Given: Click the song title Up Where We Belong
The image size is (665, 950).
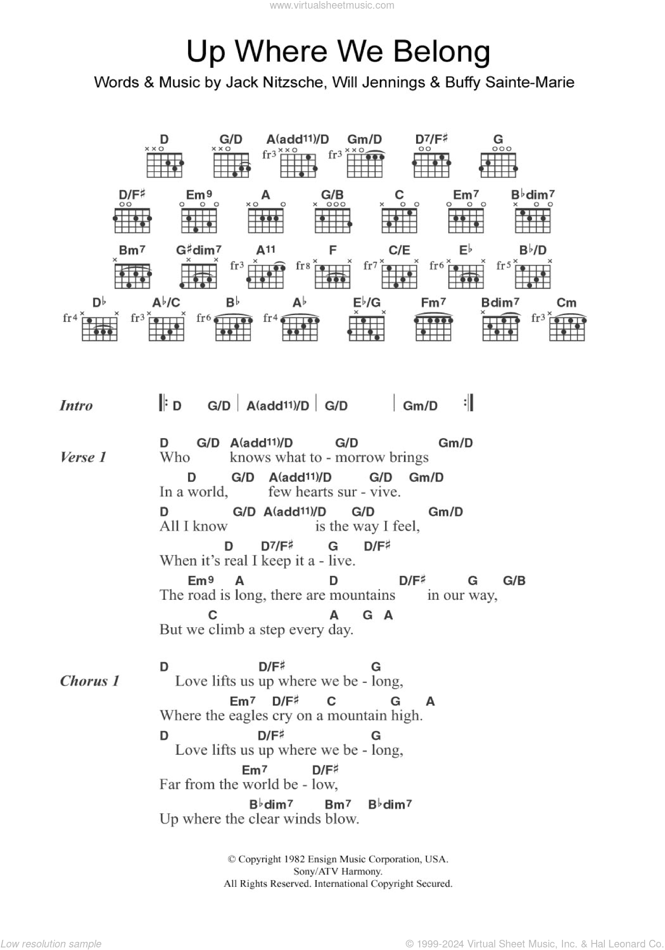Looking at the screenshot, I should point(338,51).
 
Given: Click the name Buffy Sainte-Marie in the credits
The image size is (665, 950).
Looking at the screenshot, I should point(509,82).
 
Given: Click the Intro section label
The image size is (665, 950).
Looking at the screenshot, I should point(76,406).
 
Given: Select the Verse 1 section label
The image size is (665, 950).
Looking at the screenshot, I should point(83,457).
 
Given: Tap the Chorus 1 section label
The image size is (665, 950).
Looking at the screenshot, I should point(90,681).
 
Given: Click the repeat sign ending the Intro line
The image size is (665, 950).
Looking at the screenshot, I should point(469,404).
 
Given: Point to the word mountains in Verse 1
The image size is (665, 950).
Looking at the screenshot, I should point(362,595).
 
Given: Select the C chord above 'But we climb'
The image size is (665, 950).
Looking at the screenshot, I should point(213,615).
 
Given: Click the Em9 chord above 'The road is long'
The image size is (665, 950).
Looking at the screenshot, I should point(200,580).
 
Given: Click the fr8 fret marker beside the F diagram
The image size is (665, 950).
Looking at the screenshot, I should point(303,266).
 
